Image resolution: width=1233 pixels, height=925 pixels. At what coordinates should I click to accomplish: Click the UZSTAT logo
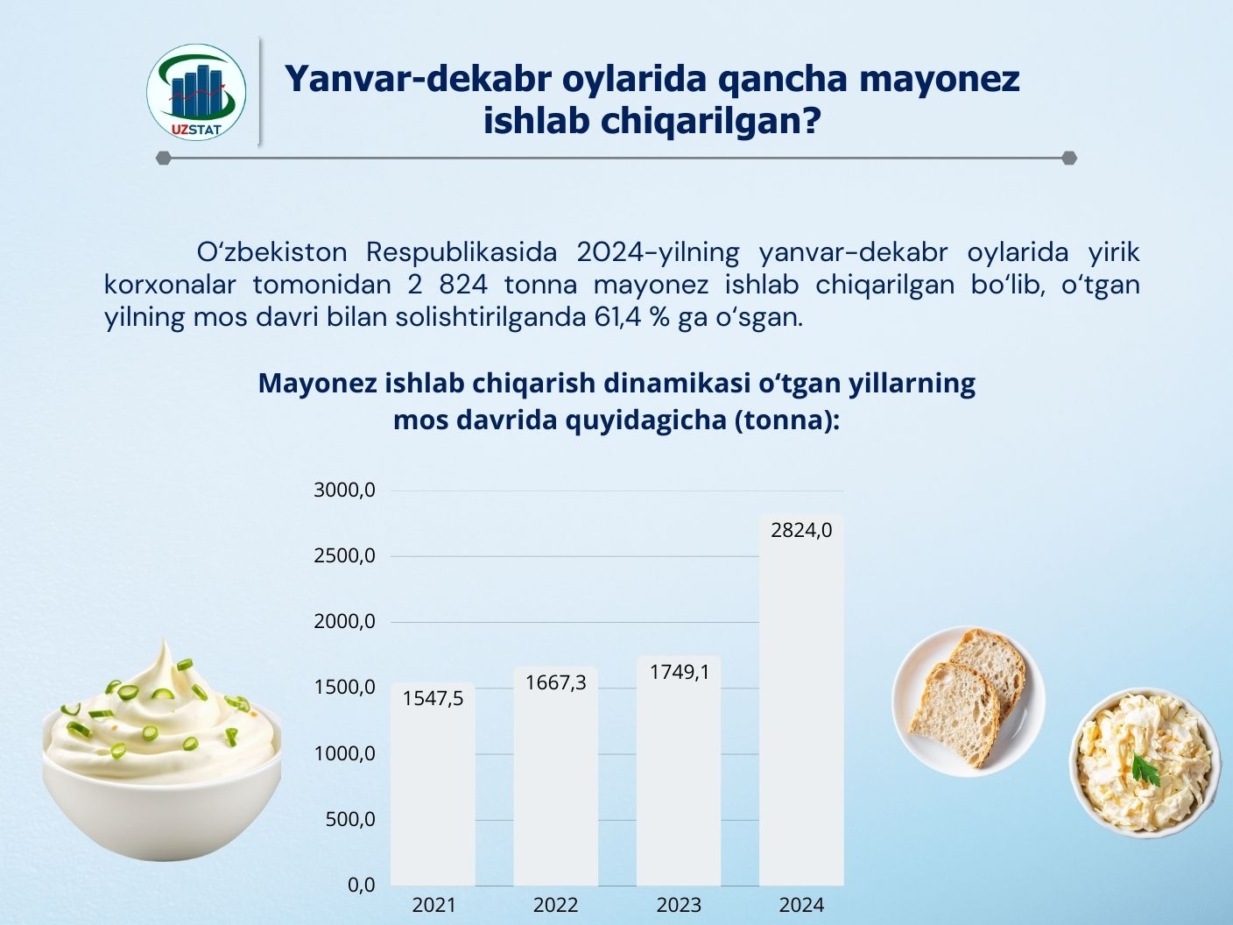pyautogui.click(x=196, y=92)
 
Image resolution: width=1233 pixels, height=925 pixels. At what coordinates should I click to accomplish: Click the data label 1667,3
pyautogui.click(x=555, y=682)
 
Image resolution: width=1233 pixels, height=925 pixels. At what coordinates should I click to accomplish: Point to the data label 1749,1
pyautogui.click(x=680, y=672)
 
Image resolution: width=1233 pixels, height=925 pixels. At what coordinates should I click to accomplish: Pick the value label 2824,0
pyautogui.click(x=801, y=530)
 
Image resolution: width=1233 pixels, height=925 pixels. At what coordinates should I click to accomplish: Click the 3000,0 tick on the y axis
pyautogui.click(x=344, y=491)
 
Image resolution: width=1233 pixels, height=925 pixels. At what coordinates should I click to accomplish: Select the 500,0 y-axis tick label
pyautogui.click(x=350, y=819)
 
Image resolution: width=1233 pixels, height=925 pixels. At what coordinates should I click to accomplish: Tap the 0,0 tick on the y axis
pyautogui.click(x=361, y=885)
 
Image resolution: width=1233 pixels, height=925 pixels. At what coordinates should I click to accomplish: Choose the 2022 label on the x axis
pyautogui.click(x=555, y=906)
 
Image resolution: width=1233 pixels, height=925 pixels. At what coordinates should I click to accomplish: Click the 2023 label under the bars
pyautogui.click(x=680, y=906)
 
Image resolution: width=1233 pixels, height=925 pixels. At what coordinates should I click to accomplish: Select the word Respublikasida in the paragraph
pyautogui.click(x=461, y=253)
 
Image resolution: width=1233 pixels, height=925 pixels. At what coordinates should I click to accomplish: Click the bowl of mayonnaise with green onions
pyautogui.click(x=162, y=752)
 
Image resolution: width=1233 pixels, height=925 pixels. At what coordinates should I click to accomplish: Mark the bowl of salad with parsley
pyautogui.click(x=1145, y=763)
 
